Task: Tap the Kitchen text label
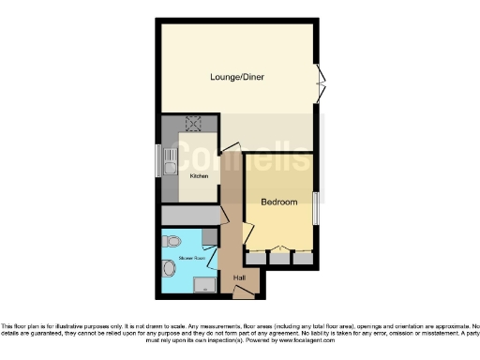(x=199, y=175)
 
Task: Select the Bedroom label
(x=278, y=202)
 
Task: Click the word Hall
(x=239, y=277)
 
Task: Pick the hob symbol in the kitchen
(x=195, y=123)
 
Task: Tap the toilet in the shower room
(x=172, y=242)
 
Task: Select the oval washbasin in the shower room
(x=169, y=269)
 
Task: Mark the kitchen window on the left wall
(x=157, y=160)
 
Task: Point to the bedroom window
(x=316, y=206)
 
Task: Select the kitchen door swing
(x=228, y=146)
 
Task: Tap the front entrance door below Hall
(x=243, y=292)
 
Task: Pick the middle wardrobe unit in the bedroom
(x=278, y=254)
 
